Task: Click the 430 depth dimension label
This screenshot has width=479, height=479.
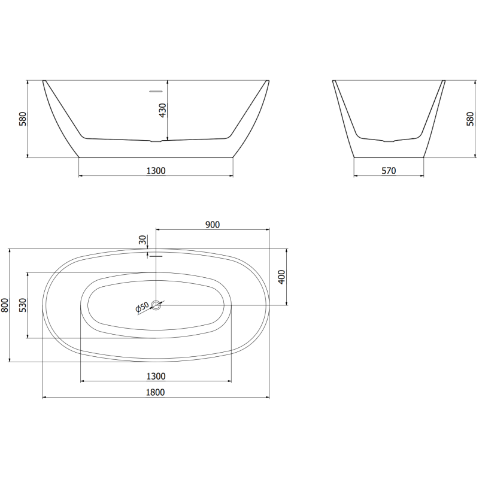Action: point(162,111)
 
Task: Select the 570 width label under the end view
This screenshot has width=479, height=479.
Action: point(389,171)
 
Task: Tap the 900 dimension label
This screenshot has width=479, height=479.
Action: point(213,225)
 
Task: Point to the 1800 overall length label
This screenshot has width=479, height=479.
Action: point(156,392)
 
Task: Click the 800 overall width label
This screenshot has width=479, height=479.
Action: point(5,305)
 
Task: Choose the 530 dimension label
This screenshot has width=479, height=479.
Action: point(23,305)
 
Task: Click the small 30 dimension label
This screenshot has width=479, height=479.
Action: point(143,240)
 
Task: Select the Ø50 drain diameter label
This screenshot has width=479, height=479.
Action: point(143,307)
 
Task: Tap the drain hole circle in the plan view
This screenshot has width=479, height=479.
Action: point(156,305)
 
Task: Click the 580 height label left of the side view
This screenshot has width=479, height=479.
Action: point(23,119)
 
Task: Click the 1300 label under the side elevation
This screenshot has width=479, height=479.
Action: point(156,171)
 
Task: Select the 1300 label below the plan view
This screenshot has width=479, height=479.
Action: point(156,376)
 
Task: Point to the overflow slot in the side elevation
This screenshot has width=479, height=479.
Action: point(156,91)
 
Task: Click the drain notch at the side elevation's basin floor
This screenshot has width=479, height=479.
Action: point(156,141)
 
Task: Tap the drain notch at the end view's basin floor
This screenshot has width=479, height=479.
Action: point(389,141)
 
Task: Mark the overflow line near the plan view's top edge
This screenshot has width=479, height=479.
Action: point(156,256)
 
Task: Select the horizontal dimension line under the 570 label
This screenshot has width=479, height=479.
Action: point(389,176)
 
